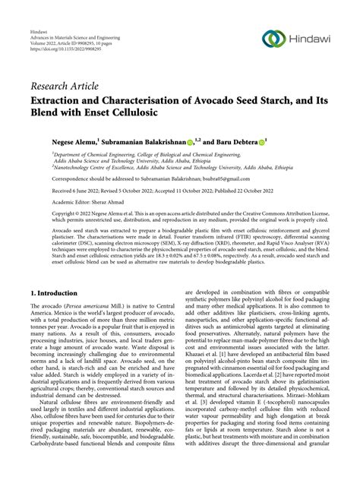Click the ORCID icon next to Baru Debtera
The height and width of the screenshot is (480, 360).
261,141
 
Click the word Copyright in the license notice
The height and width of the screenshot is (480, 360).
45,216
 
